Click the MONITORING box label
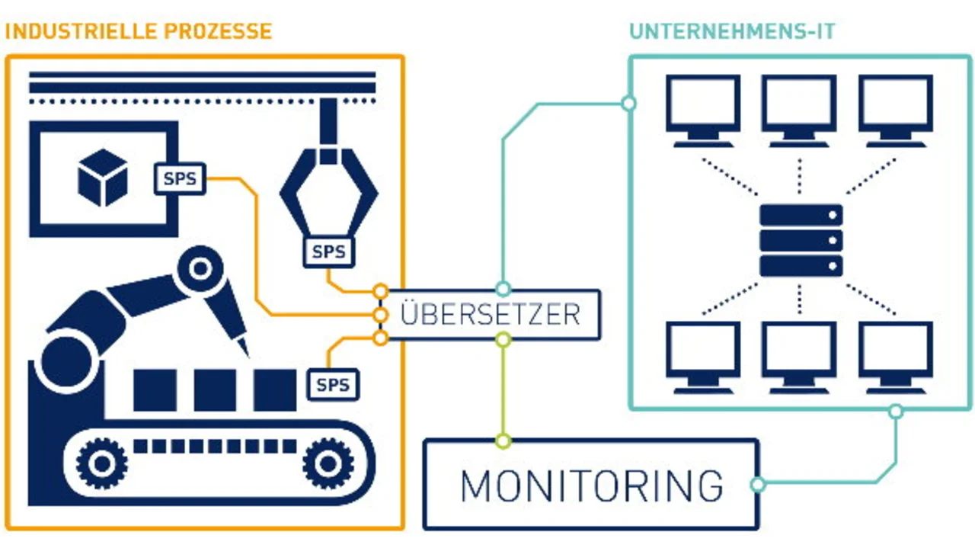(x=591, y=486)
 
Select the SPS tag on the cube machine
(x=180, y=179)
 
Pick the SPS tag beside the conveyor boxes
(x=333, y=385)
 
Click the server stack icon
(x=801, y=239)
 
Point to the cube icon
(x=102, y=178)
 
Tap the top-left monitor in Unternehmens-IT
(x=703, y=110)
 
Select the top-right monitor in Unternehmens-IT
(x=896, y=110)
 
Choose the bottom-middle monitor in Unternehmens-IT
(x=800, y=357)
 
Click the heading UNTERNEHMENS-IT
(x=732, y=31)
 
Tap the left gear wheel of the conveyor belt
(x=100, y=461)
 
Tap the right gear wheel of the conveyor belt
(x=328, y=461)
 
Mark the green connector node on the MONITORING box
(x=503, y=440)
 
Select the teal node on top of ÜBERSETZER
(x=503, y=289)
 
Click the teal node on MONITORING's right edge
(x=757, y=484)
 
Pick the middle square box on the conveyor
(x=215, y=389)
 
